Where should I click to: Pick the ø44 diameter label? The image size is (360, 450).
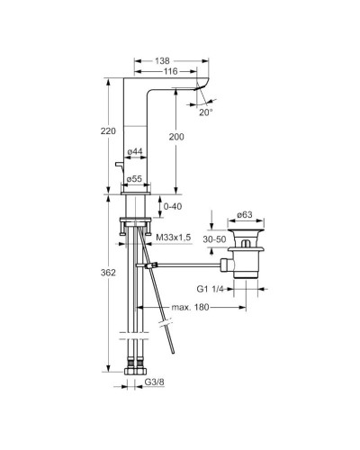point(135,152)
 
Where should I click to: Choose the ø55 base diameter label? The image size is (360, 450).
point(135,178)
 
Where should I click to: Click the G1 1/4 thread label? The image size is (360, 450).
point(212,290)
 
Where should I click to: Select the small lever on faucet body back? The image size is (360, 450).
point(118,164)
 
